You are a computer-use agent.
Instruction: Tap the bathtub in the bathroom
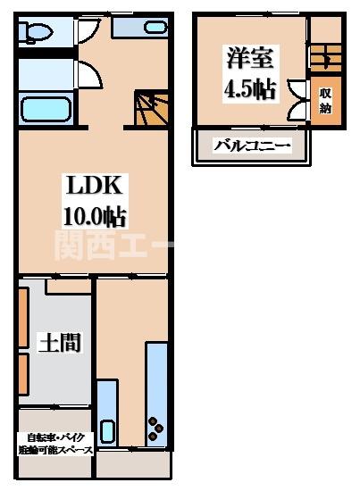click(x=45, y=110)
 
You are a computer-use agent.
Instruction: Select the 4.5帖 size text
click(x=250, y=89)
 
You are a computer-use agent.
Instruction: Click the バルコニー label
click(x=251, y=145)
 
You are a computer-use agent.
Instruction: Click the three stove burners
click(x=158, y=427)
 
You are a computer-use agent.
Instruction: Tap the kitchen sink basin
click(x=108, y=431)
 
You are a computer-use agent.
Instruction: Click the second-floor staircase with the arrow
click(x=323, y=59)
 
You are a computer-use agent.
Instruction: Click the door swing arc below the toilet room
click(x=89, y=71)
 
